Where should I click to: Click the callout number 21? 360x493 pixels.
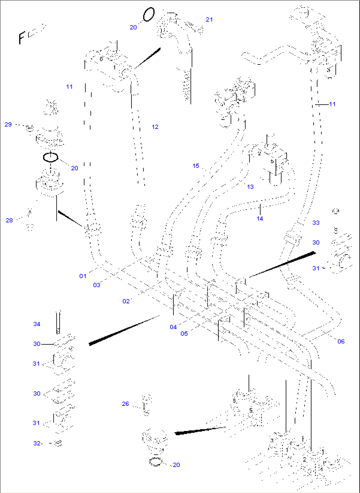pyautogui.click(x=209, y=20)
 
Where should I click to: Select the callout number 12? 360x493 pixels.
pyautogui.click(x=155, y=127)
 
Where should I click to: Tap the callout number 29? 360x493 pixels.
pyautogui.click(x=8, y=125)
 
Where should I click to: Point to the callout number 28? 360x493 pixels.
pyautogui.click(x=9, y=220)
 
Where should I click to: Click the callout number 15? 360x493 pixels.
pyautogui.click(x=196, y=166)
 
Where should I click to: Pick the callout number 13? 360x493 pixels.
pyautogui.click(x=250, y=187)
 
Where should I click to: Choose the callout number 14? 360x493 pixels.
pyautogui.click(x=260, y=219)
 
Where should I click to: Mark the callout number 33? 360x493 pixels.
pyautogui.click(x=316, y=223)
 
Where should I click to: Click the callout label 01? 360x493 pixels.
pyautogui.click(x=83, y=276)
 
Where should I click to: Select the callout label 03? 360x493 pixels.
pyautogui.click(x=96, y=285)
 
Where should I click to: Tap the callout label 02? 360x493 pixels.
pyautogui.click(x=126, y=301)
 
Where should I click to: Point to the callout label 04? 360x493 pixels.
pyautogui.click(x=173, y=327)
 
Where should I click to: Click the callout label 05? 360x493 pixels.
pyautogui.click(x=184, y=334)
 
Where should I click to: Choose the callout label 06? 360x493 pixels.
pyautogui.click(x=341, y=341)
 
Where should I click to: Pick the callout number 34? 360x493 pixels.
pyautogui.click(x=37, y=324)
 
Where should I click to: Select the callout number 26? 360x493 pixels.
pyautogui.click(x=125, y=404)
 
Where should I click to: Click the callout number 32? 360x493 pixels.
pyautogui.click(x=37, y=443)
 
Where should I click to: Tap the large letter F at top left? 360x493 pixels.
pyautogui.click(x=22, y=37)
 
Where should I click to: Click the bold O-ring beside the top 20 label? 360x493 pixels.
pyautogui.click(x=149, y=15)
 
